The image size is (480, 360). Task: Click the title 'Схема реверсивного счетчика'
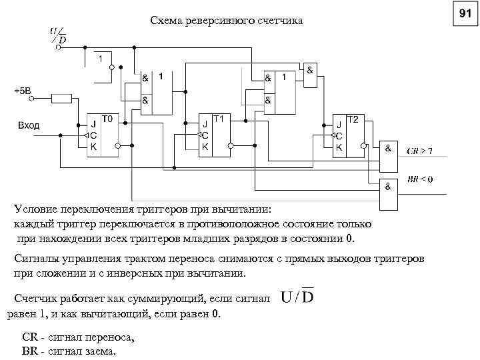pyautogui.click(x=226, y=22)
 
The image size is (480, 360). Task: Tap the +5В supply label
pyautogui.click(x=23, y=90)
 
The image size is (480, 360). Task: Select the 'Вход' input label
pyautogui.click(x=29, y=125)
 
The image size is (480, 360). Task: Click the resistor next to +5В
pyautogui.click(x=62, y=99)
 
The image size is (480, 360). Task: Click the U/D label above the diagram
pyautogui.click(x=57, y=35)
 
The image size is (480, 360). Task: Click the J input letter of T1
pyautogui.click(x=205, y=123)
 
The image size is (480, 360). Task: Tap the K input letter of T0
pyautogui.click(x=93, y=145)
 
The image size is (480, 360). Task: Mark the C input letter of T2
pyautogui.click(x=339, y=135)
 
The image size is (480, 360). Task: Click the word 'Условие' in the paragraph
pyautogui.click(x=36, y=209)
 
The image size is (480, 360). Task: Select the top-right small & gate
pyautogui.click(x=310, y=76)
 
